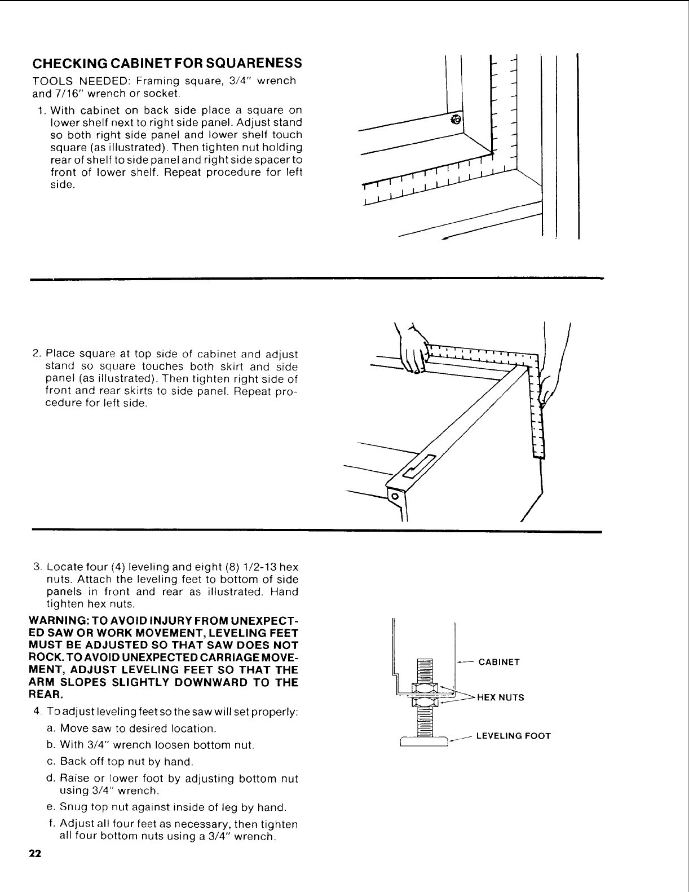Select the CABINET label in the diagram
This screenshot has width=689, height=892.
(x=498, y=662)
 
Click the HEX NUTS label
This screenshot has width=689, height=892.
(x=501, y=697)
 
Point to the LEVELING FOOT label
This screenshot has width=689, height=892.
(x=513, y=736)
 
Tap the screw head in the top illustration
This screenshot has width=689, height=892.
(x=457, y=120)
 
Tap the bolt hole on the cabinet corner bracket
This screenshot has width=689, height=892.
(x=395, y=496)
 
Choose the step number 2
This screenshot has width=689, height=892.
(x=36, y=354)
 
